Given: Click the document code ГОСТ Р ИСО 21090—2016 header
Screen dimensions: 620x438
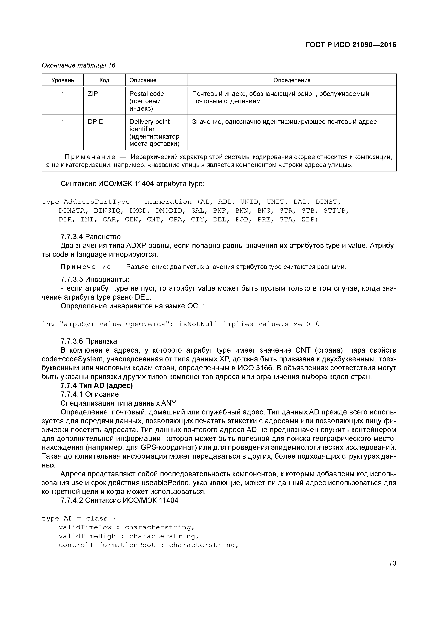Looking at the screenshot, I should tap(351, 45).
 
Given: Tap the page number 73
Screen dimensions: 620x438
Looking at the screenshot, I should tap(392, 563).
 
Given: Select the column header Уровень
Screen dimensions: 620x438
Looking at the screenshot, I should tap(63, 80).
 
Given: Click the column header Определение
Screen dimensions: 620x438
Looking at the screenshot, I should tap(292, 80).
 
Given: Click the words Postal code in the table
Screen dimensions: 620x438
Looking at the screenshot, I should tap(147, 94).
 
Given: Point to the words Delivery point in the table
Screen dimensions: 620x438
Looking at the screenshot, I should tap(150, 122).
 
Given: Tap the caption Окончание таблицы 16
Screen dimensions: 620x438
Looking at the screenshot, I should tap(78, 65).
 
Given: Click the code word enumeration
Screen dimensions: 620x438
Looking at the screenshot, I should tap(167, 202).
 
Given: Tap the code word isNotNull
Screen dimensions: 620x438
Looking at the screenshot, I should tap(198, 324).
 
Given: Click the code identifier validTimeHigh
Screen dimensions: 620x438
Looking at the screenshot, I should tap(87, 536).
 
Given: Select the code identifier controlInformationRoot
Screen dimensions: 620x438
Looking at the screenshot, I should tap(107, 545).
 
